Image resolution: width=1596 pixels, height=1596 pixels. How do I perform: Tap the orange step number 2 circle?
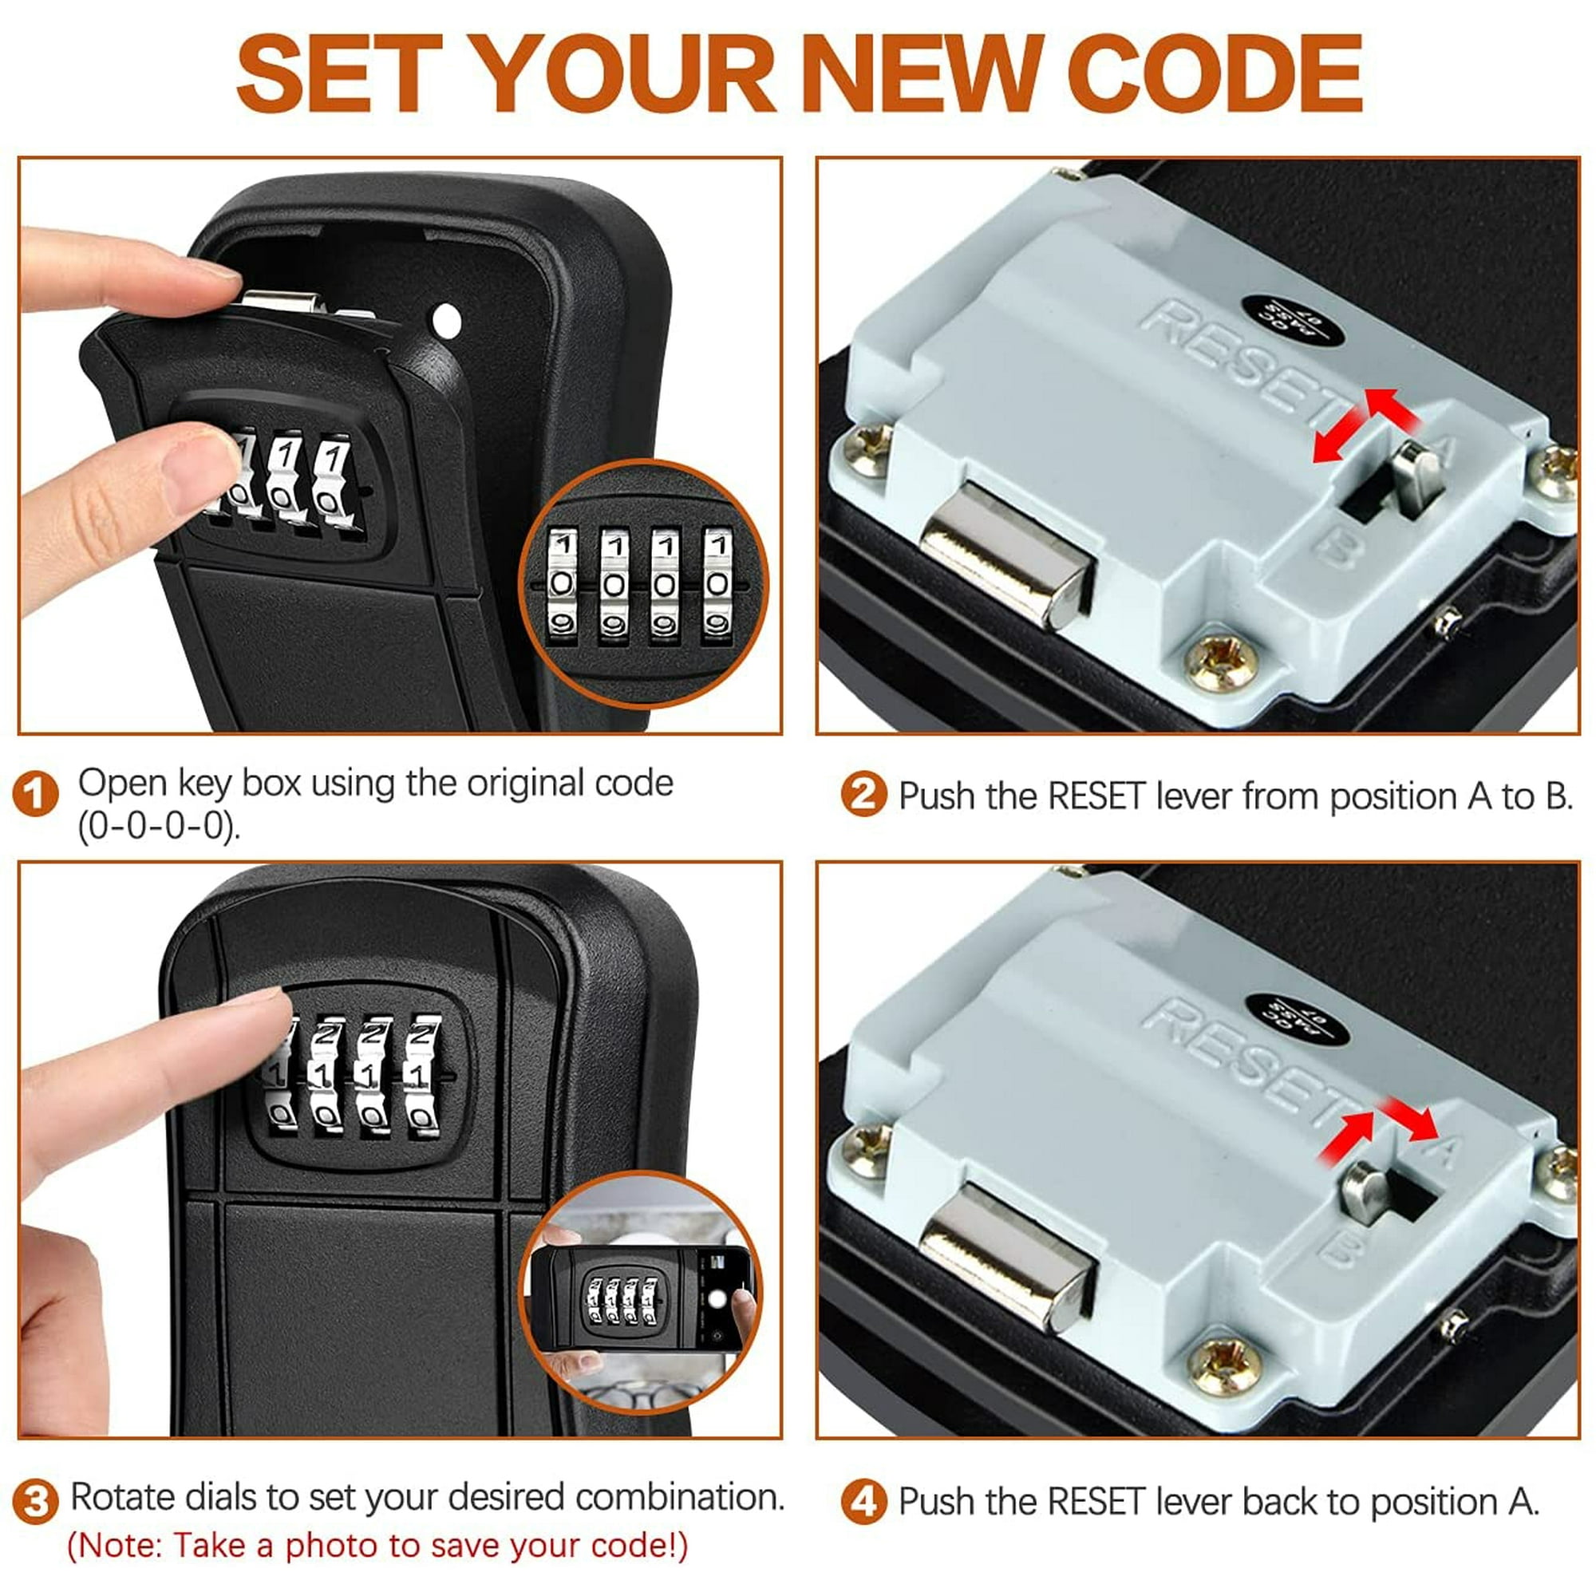pos(863,795)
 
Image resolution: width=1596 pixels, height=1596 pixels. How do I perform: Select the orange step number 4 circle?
pos(863,1501)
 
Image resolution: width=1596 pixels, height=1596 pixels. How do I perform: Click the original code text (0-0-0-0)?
pos(160,825)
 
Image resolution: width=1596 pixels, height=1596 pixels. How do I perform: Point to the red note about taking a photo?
pos(377,1546)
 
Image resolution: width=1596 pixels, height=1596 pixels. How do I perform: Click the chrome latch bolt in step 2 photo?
pos(1006,555)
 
